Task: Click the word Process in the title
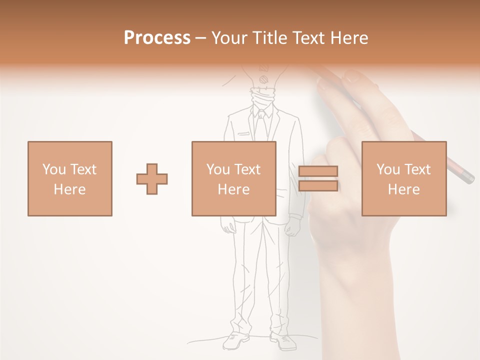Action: pos(157,38)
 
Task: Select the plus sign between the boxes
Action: pos(152,179)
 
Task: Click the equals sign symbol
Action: pos(318,178)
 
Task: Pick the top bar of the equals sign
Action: pos(318,171)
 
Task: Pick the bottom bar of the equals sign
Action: pos(318,186)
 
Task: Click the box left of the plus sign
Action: pos(69,179)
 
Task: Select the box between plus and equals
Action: pos(233,179)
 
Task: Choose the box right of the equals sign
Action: pos(403,179)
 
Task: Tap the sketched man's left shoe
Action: pos(235,341)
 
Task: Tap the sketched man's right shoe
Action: pos(283,341)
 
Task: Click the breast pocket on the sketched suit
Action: pos(243,134)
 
